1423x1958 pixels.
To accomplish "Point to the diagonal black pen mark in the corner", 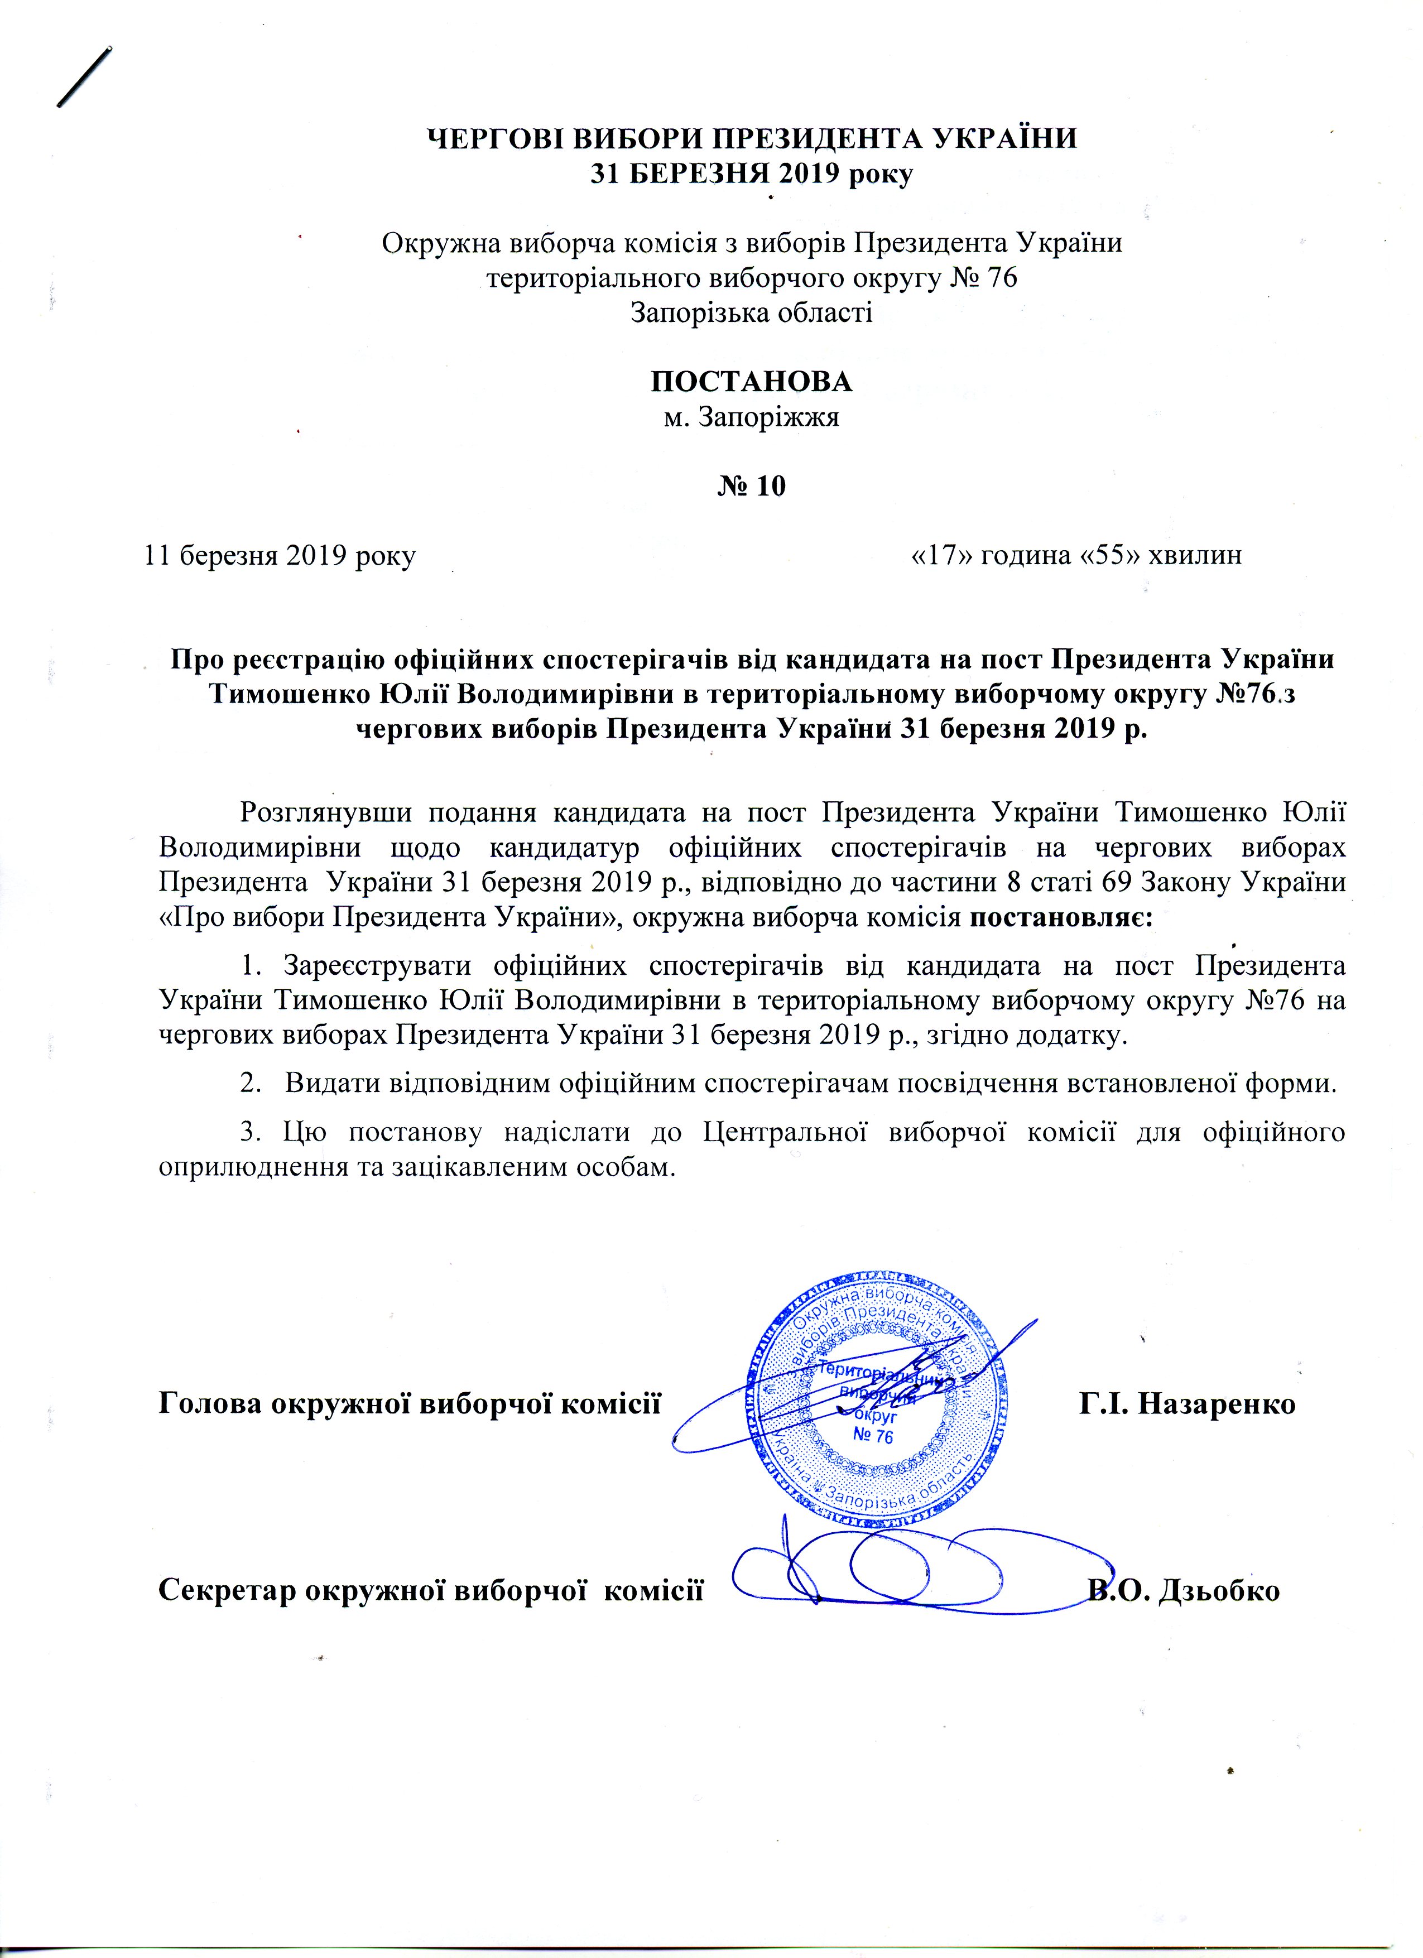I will click(86, 75).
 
